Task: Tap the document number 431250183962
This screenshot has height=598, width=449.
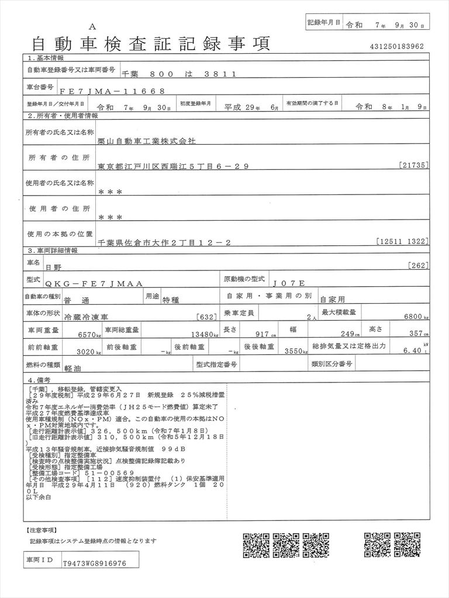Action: coord(396,47)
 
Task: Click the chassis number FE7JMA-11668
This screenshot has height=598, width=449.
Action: coord(108,91)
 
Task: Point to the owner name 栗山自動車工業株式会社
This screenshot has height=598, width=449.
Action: coord(147,141)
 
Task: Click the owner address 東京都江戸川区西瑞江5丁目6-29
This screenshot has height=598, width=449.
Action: coord(174,166)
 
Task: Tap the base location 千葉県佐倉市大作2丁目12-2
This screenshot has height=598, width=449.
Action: coord(165,241)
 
